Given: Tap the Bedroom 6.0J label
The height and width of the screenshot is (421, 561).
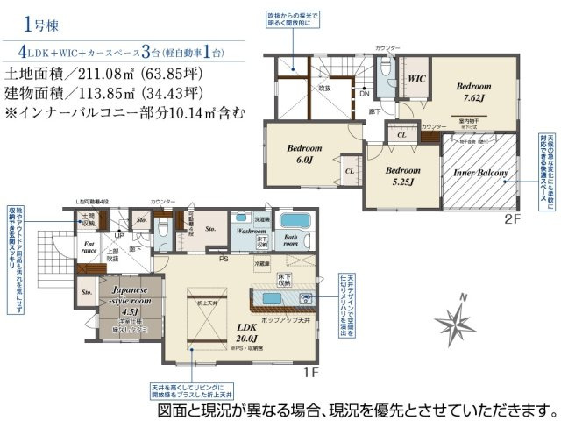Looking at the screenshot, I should (x=304, y=154).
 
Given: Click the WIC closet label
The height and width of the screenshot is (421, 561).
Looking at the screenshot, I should (x=417, y=79).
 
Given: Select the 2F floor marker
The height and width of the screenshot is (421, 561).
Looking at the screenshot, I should (x=513, y=218).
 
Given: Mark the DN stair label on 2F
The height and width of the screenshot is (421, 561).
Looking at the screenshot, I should (x=363, y=95).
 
